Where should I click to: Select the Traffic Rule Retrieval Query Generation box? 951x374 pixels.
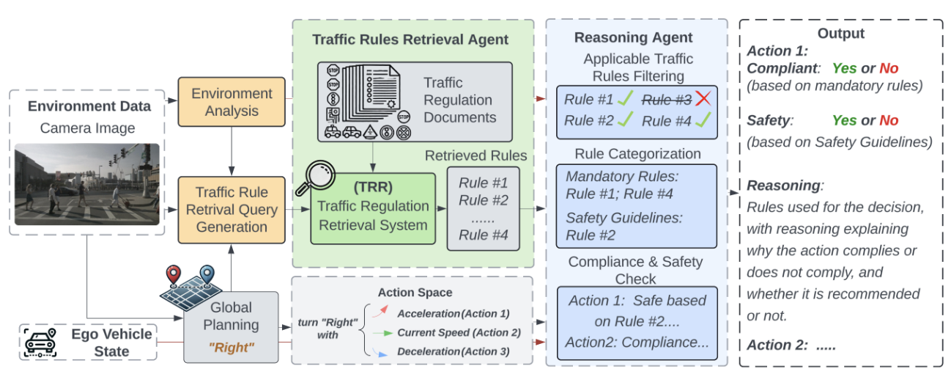point(231,210)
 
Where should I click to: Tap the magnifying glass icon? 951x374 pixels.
point(316,178)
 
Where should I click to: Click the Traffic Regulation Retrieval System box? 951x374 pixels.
point(372,209)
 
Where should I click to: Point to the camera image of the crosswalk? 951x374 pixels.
point(87,184)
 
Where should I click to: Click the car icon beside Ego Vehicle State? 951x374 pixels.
point(42,342)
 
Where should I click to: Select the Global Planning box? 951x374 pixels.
point(231,326)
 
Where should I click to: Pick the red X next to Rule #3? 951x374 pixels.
point(703,99)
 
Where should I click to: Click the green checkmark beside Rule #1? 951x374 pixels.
point(625,98)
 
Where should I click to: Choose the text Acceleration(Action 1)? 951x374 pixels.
point(453,313)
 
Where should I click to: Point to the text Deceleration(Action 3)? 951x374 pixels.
point(453,352)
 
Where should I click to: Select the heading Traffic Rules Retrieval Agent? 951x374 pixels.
point(410,40)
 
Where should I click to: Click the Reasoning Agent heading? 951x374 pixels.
point(633,38)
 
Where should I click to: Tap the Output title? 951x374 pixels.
point(841,34)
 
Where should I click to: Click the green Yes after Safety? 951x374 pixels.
point(844,120)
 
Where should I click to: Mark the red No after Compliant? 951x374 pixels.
point(889,68)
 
